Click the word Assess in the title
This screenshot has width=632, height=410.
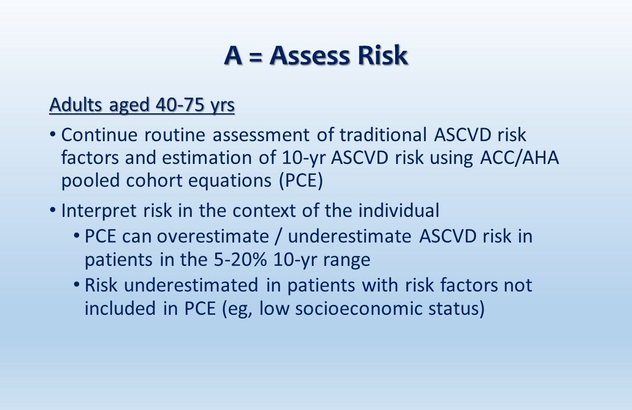[x=303, y=56]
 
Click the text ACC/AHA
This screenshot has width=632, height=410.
[x=516, y=158]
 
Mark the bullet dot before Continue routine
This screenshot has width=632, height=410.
[x=52, y=136]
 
